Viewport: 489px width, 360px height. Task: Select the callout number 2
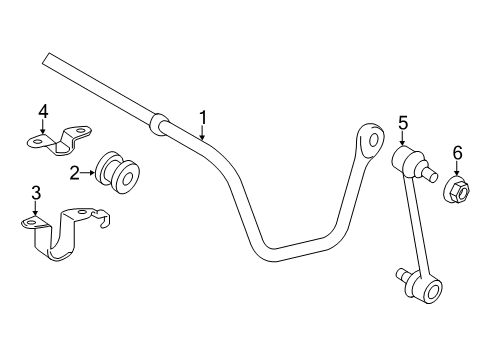coord(74,172)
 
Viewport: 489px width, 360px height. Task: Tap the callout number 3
coord(35,192)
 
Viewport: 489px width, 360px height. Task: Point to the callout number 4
coord(43,112)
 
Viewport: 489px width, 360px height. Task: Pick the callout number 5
coord(403,123)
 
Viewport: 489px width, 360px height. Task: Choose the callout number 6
coord(458,153)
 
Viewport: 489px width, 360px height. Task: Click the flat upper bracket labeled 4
coord(60,141)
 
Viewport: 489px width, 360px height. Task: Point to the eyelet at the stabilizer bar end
coord(373,135)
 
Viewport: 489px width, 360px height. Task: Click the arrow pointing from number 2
coord(90,173)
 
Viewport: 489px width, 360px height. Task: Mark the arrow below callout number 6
coord(459,168)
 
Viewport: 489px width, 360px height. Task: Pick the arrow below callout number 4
coord(43,128)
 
